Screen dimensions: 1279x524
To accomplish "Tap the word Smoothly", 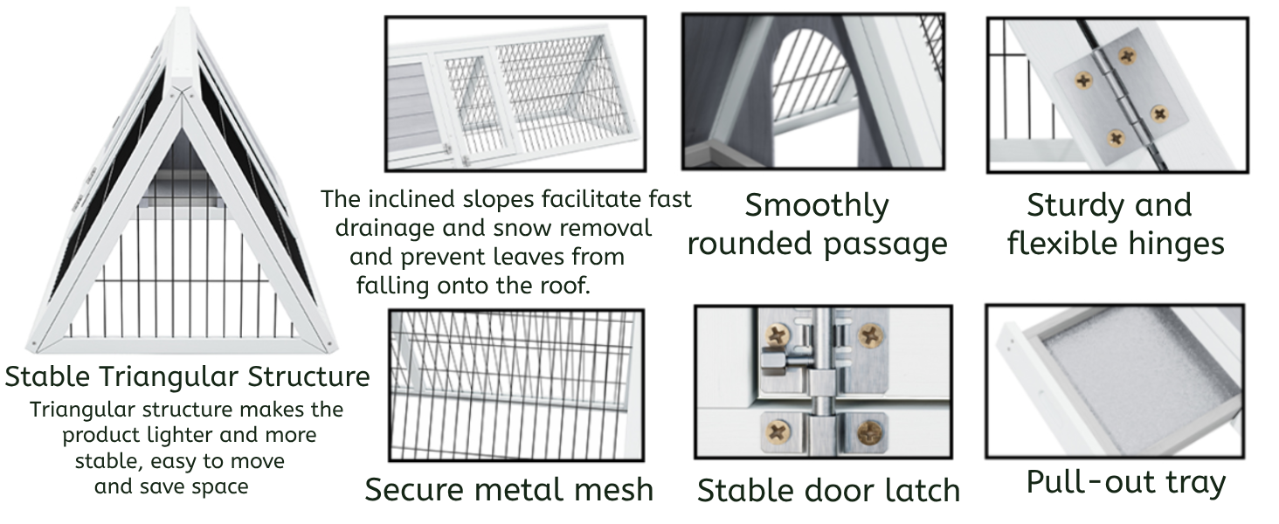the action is coord(817,207).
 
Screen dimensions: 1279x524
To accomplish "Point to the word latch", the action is coord(918,491).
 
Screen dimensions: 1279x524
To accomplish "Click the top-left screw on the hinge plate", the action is coord(1083,81).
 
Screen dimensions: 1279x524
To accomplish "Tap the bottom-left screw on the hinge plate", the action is coord(1116,138).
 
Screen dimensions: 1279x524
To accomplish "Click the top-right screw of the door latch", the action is coord(869,334).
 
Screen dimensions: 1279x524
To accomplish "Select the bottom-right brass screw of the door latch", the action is coord(869,430).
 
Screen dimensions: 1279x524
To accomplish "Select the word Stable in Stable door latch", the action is coord(743,491).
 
